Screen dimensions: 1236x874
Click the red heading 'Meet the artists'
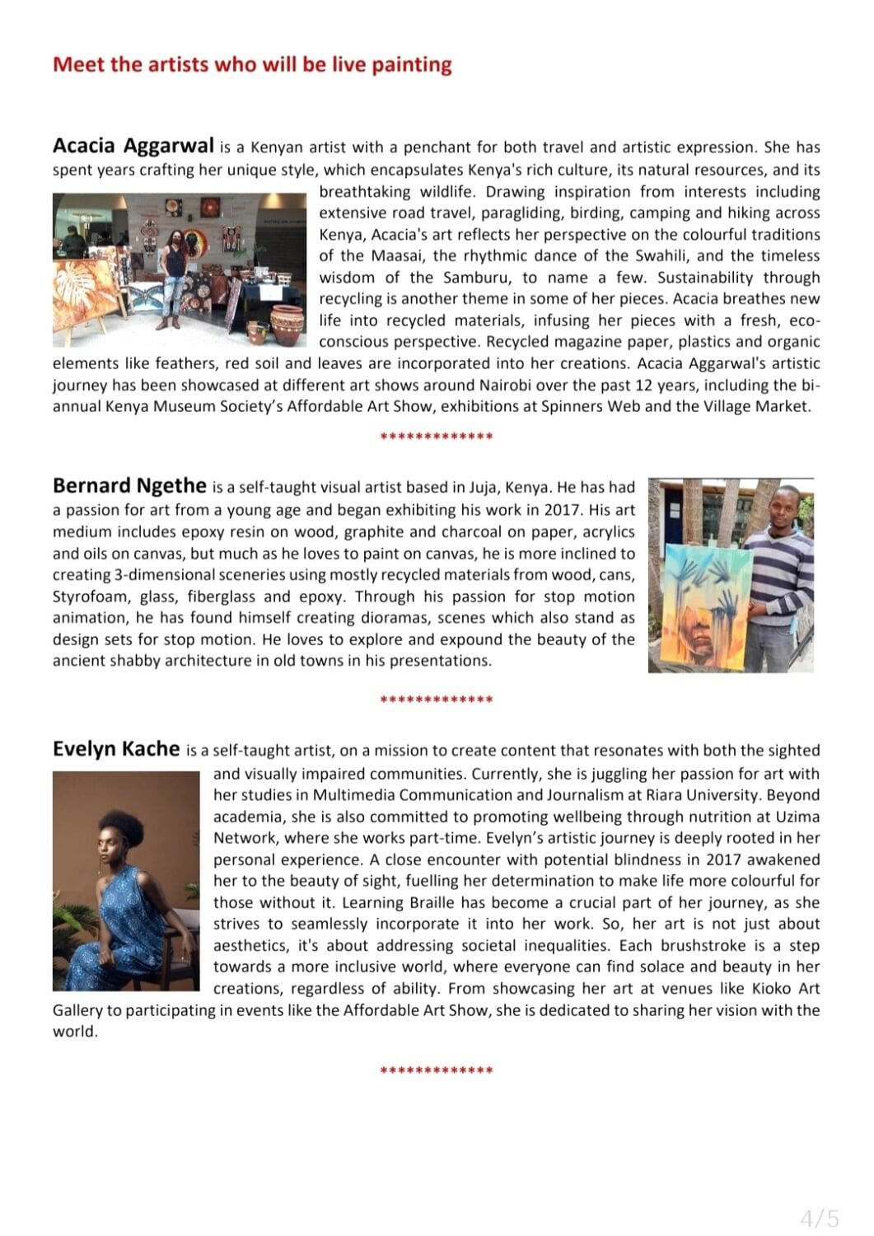252,64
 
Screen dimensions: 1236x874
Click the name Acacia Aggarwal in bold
133,146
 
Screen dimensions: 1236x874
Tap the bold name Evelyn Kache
116,748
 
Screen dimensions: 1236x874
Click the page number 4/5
820,1217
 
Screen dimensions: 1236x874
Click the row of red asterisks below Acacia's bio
437,437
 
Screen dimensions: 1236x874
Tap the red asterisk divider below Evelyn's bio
437,1071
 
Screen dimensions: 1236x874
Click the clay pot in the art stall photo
287,323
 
